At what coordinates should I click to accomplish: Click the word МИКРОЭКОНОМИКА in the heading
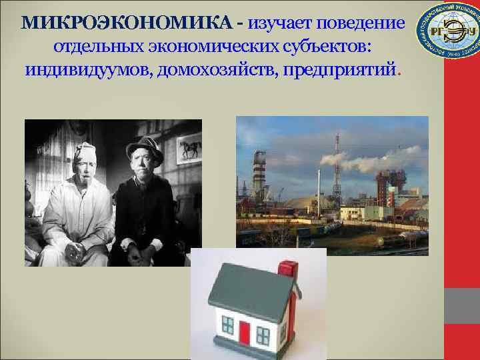127,23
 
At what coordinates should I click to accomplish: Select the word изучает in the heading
279,23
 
